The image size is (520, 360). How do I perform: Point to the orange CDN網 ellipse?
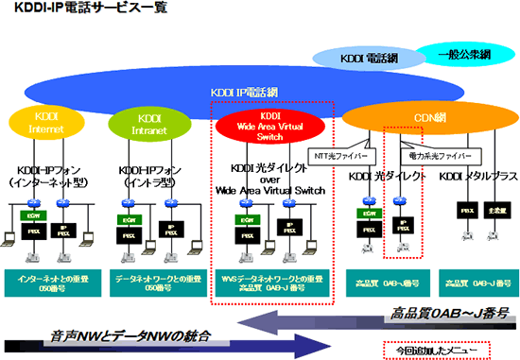click(x=414, y=118)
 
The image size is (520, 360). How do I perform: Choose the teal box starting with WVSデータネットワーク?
click(x=270, y=283)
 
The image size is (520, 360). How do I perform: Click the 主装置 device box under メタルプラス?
click(x=494, y=210)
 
